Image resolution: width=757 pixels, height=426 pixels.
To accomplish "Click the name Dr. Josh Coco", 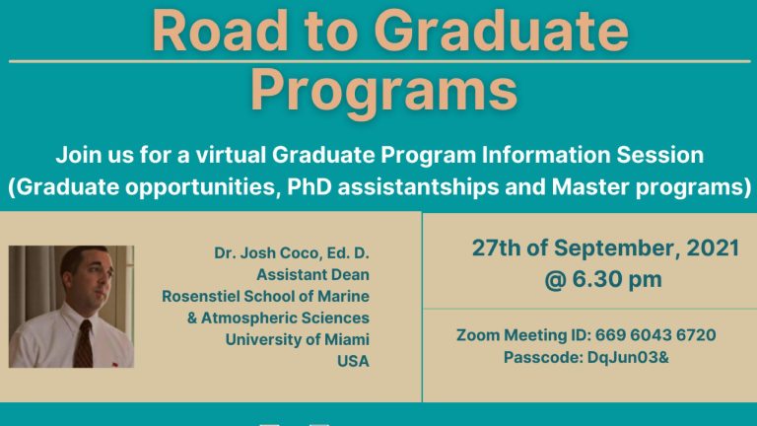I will click(273, 253).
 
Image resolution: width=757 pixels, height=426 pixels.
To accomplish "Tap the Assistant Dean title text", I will click(312, 275).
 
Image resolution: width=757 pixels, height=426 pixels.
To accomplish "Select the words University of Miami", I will click(297, 339).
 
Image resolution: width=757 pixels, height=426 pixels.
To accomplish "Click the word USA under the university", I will click(353, 361).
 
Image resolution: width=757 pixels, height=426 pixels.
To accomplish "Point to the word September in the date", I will click(609, 248).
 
